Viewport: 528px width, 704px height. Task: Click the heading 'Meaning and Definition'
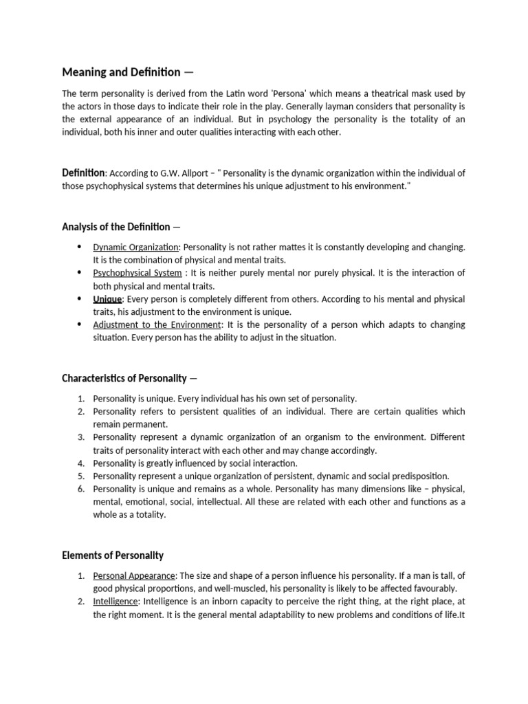tap(121, 72)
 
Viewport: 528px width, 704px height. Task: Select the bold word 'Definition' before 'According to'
tap(84, 173)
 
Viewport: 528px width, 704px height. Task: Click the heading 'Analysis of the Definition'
tap(115, 226)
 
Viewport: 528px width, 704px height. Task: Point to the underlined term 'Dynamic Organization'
tap(136, 247)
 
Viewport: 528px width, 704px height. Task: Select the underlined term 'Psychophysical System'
tap(137, 273)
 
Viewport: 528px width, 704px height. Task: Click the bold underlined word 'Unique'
tap(107, 299)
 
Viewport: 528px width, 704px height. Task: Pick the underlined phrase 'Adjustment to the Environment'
tap(157, 324)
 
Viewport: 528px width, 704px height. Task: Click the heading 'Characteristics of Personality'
tap(124, 378)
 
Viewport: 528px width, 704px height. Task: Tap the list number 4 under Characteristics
tap(80, 463)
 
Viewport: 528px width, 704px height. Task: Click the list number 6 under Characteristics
tap(80, 489)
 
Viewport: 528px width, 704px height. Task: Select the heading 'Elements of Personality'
tap(113, 555)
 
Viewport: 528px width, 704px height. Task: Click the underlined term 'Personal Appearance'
tap(135, 575)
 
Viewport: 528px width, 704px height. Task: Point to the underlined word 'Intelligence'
tap(115, 602)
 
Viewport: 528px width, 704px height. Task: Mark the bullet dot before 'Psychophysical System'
tap(79, 273)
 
